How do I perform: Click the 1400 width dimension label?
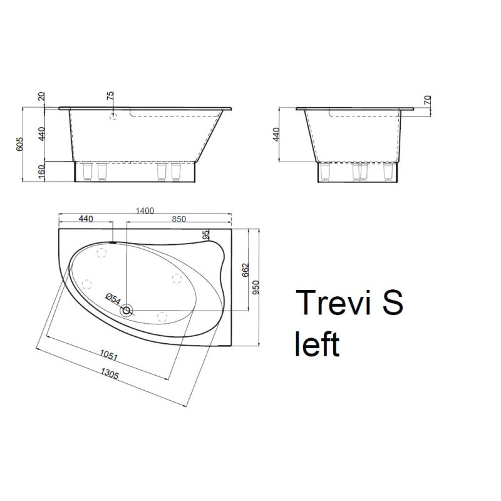coord(145,210)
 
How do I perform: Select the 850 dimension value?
coord(178,219)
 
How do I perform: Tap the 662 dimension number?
coord(245,270)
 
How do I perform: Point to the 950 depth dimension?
coord(256,287)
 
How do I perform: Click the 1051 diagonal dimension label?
coord(108,355)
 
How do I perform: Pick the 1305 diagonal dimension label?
coord(110,373)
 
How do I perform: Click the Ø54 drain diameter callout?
coord(113,299)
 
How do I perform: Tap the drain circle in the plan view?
coord(127,310)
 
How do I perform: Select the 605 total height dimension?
coord(19,144)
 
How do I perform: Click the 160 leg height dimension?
coord(41,172)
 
